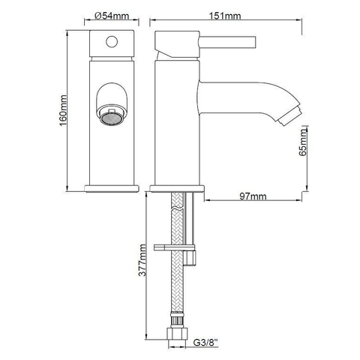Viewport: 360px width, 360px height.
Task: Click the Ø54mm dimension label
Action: (112, 16)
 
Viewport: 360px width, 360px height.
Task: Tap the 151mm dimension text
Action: (225, 16)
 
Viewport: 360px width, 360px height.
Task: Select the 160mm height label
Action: (63, 111)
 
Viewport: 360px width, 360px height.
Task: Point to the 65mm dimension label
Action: (303, 142)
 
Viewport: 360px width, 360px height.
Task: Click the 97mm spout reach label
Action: (253, 196)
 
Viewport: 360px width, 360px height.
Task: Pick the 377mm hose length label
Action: (142, 260)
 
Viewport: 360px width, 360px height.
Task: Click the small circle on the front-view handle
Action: (112, 42)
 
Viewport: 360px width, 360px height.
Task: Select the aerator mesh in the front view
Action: (112, 119)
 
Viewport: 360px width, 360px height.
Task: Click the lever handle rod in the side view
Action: (227, 42)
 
